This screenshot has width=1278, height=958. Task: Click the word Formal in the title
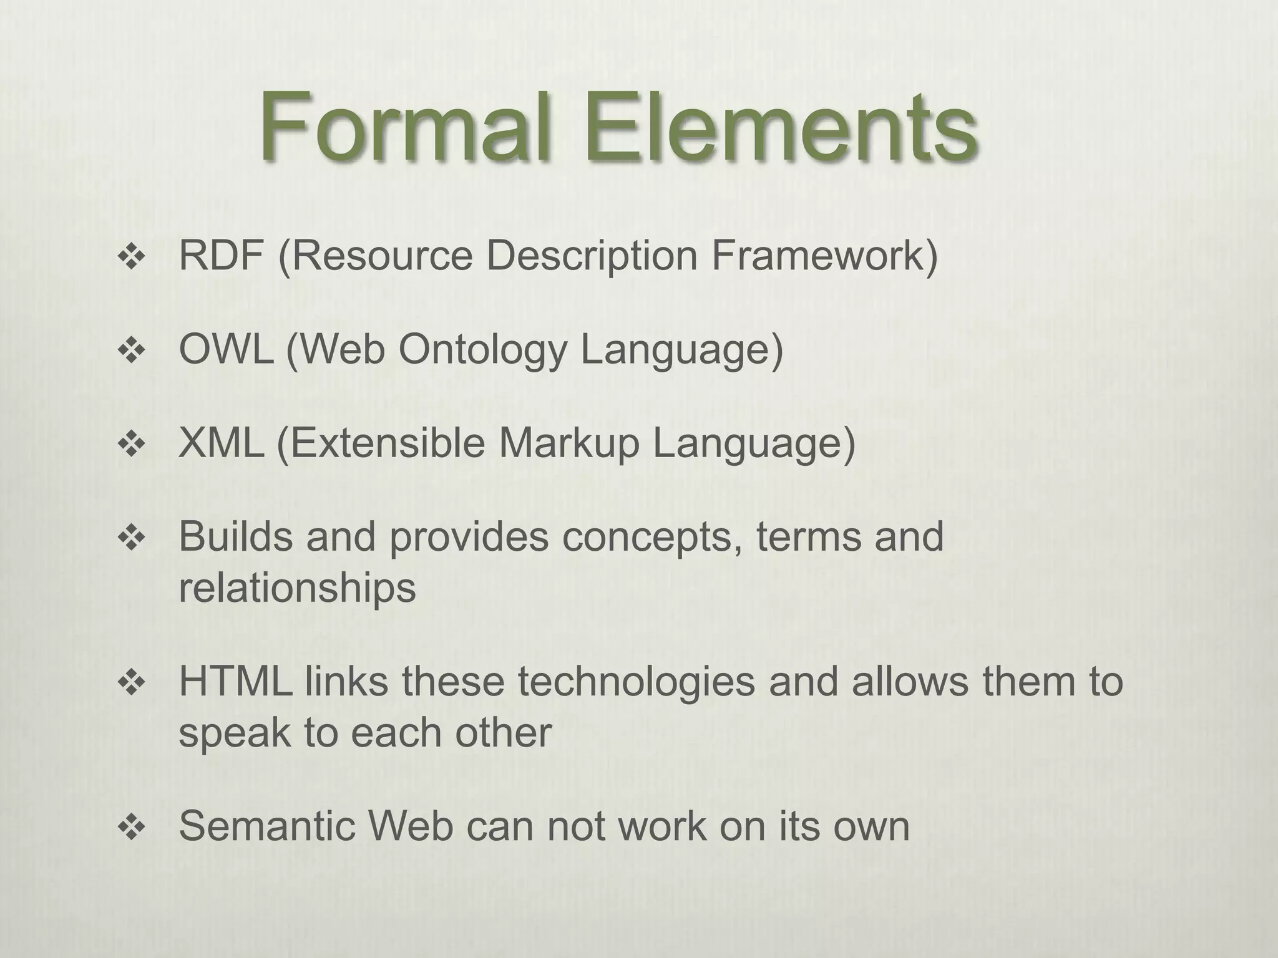(406, 127)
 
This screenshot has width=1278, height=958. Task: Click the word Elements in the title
(780, 127)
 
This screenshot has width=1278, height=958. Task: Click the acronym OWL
(226, 349)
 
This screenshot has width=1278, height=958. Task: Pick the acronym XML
(221, 443)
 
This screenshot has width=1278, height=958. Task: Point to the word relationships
(297, 588)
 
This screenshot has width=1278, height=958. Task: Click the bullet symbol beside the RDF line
(131, 257)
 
